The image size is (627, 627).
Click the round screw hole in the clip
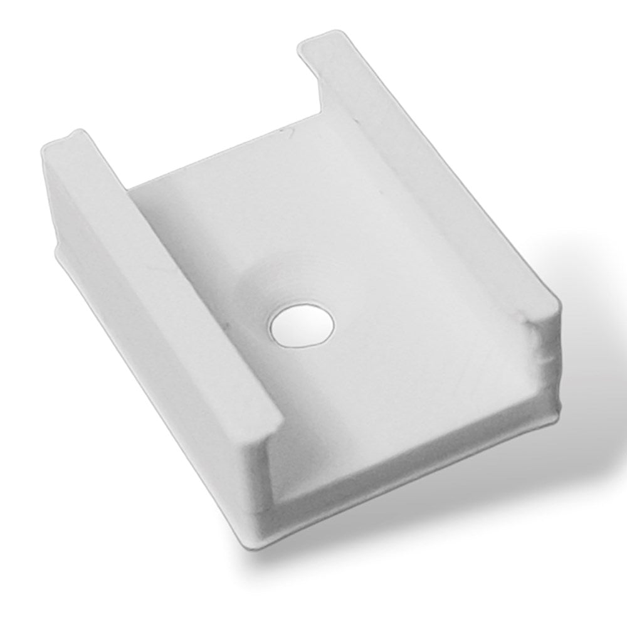pyautogui.click(x=302, y=325)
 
